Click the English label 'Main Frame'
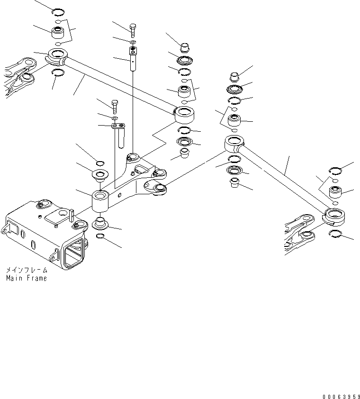click(x=27, y=278)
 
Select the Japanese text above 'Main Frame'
click(x=27, y=270)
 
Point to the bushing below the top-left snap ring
click(x=59, y=34)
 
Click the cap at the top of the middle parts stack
click(x=184, y=47)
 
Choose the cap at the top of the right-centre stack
click(x=234, y=76)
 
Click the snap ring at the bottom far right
click(x=335, y=233)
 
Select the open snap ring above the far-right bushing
click(x=335, y=171)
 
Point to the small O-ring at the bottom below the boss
click(x=101, y=236)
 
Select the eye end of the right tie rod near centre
click(x=234, y=141)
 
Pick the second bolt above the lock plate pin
click(x=114, y=105)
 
